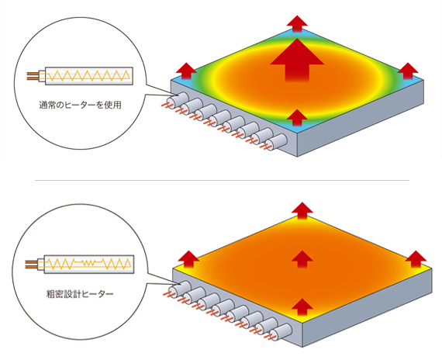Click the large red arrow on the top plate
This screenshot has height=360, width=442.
(297, 60)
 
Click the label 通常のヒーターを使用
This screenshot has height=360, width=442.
(81, 105)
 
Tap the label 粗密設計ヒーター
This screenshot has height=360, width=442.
(80, 294)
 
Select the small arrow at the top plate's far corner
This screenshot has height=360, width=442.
(297, 24)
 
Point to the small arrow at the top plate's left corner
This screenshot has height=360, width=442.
(186, 71)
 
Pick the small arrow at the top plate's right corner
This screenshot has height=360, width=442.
(408, 71)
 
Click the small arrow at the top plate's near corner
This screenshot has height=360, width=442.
(297, 117)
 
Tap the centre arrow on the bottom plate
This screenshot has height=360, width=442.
(302, 259)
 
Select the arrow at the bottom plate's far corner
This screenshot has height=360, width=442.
(302, 210)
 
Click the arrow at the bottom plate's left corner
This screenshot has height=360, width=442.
(189, 259)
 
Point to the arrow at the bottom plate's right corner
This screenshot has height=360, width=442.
(416, 259)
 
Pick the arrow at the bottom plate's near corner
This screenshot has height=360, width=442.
(302, 307)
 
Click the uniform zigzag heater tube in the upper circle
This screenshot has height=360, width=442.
(88, 76)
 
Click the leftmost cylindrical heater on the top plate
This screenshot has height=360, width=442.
(177, 99)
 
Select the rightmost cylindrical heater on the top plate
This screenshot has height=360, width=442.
(277, 142)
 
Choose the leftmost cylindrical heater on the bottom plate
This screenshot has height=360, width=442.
(180, 289)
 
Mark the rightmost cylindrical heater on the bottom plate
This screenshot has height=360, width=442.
(281, 332)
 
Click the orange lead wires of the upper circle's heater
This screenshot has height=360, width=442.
(33, 76)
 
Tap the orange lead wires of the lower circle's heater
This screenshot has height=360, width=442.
(31, 265)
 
